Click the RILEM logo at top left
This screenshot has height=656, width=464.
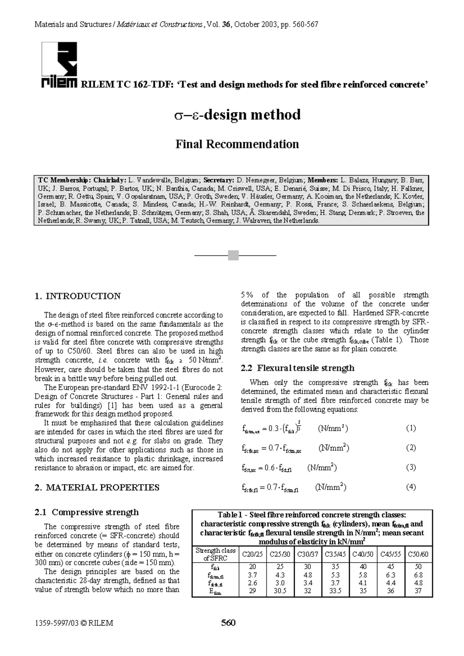(x=59, y=66)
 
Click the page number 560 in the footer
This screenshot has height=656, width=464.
(x=228, y=623)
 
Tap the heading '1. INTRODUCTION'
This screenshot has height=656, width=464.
(x=77, y=296)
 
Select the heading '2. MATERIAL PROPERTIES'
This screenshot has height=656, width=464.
(x=97, y=488)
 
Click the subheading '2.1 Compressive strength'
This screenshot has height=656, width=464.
(x=87, y=512)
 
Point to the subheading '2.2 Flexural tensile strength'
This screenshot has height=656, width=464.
(x=297, y=368)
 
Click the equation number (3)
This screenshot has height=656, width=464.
(x=411, y=467)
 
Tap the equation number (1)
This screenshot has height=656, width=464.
(x=411, y=428)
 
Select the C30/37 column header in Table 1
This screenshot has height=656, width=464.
(x=307, y=554)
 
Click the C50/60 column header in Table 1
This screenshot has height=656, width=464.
(x=418, y=554)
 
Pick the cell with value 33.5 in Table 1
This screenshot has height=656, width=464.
(x=335, y=591)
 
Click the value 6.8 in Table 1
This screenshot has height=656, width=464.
(x=418, y=575)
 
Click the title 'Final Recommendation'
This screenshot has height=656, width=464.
(x=237, y=144)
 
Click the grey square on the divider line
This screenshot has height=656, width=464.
(x=233, y=255)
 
